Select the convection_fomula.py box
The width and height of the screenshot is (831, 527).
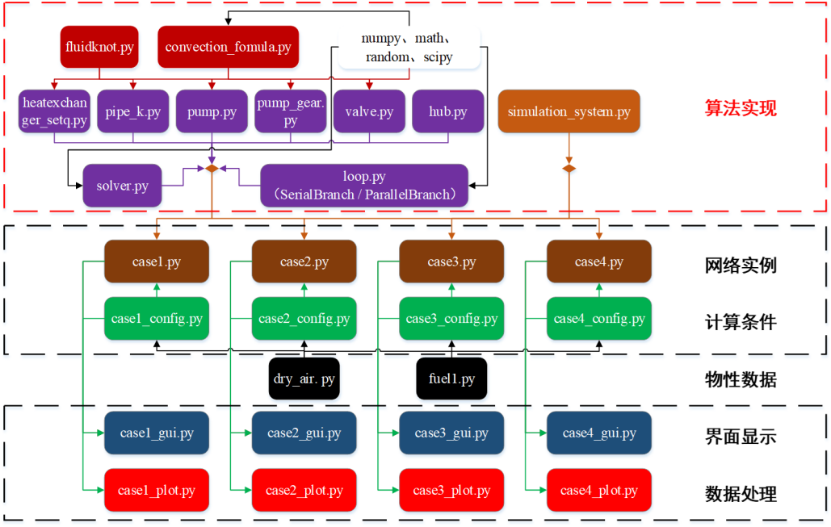(x=228, y=47)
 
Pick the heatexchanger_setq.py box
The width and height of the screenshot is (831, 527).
(x=54, y=111)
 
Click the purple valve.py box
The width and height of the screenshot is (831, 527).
(x=369, y=111)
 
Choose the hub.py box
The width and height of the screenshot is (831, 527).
(x=447, y=111)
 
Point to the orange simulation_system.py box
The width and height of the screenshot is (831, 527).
(x=569, y=111)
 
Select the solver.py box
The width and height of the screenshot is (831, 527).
(x=122, y=186)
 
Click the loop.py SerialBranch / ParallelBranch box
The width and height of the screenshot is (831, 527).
(x=364, y=185)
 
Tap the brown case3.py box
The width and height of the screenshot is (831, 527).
(x=451, y=262)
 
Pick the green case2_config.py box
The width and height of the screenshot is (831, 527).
(x=304, y=319)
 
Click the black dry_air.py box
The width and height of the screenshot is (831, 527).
(x=304, y=379)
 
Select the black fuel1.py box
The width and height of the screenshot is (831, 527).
(x=451, y=379)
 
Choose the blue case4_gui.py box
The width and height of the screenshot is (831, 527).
(x=598, y=433)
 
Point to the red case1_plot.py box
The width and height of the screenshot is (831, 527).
(x=157, y=490)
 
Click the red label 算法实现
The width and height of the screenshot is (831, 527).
(x=741, y=108)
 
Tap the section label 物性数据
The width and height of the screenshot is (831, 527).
(x=741, y=379)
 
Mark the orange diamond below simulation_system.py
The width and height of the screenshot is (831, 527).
(x=569, y=169)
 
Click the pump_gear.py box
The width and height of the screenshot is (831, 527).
(x=291, y=111)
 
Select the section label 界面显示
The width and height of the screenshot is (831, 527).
(x=741, y=437)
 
